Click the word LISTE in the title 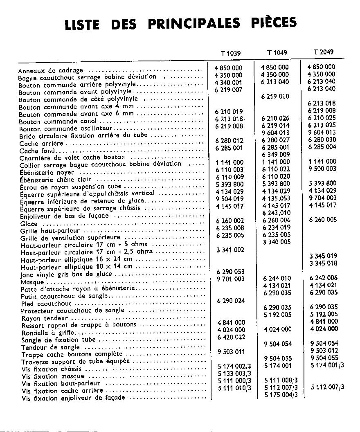82,25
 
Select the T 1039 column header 230,53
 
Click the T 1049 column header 277,52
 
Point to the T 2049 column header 323,52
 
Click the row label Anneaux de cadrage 51,70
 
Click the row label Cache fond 35,151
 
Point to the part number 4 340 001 228,82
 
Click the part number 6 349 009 276,154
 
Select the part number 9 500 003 323,169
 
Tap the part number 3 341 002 230,250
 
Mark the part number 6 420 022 231,337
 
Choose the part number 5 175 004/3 281,395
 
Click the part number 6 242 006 323,278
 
